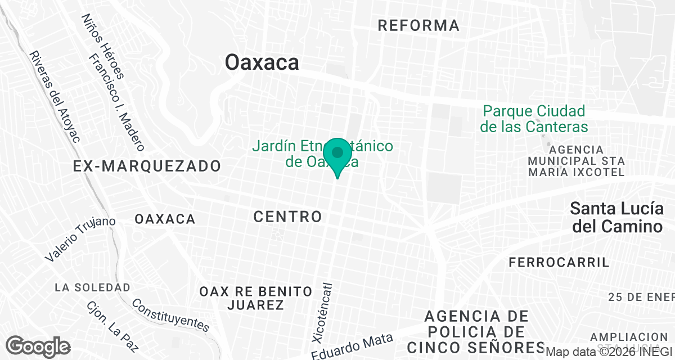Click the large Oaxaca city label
262,62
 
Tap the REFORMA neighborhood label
418,25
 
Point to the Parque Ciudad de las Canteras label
534,119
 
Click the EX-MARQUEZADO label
147,166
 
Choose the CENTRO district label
287,216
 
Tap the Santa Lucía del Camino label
616,217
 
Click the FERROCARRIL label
559,262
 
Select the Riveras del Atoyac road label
55,96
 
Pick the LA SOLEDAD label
92,287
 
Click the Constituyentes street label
170,315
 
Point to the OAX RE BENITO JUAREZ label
256,298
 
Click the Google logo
38,346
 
